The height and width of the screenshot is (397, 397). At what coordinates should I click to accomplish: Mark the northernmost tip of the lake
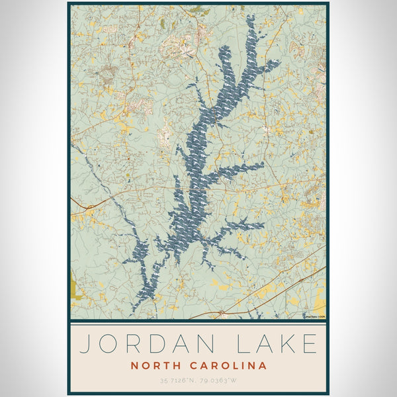click(x=250, y=16)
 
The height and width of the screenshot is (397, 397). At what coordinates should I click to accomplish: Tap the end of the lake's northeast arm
click(x=277, y=64)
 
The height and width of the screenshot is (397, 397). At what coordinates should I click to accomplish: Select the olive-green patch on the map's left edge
click(x=73, y=288)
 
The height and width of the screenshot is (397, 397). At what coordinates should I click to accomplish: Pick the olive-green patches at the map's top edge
click(x=197, y=10)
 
